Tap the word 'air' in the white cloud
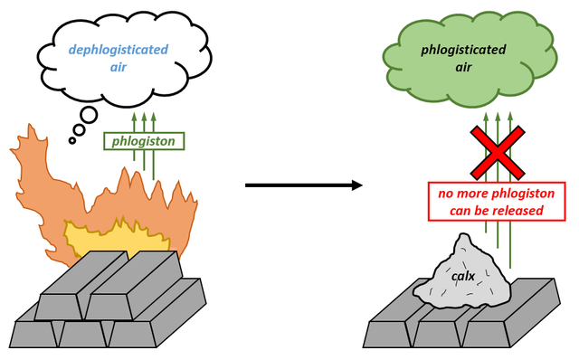(119, 68)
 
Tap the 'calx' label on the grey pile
(464, 275)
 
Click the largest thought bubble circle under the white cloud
(91, 117)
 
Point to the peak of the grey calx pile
(464, 237)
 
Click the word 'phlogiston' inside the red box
(514, 193)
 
